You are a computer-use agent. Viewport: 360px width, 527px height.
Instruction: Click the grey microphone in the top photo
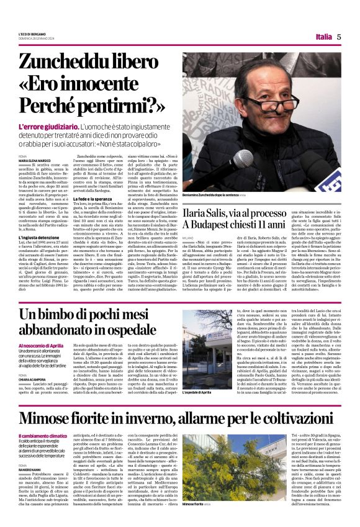[243, 159]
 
